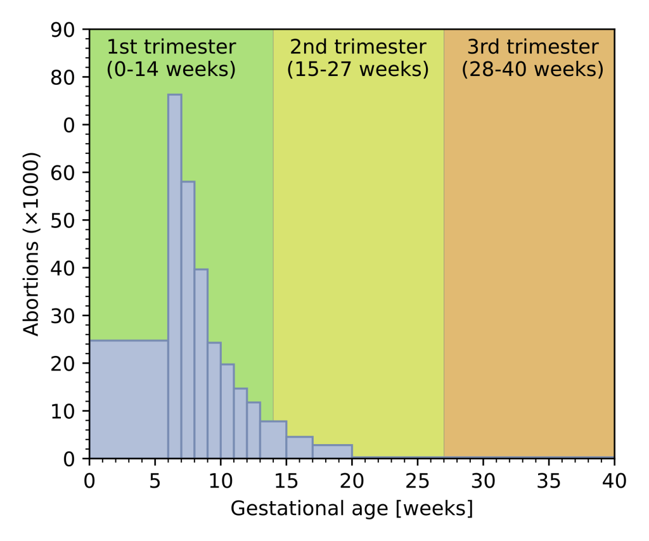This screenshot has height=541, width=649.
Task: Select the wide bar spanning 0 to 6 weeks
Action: tap(129, 399)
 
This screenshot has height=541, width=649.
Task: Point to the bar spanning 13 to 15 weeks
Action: tap(273, 440)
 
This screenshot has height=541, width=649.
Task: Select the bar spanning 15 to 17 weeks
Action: tap(299, 447)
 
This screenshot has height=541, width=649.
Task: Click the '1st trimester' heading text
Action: tap(171, 47)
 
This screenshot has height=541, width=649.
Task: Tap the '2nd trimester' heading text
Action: tap(357, 47)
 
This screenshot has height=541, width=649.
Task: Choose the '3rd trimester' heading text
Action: tap(532, 47)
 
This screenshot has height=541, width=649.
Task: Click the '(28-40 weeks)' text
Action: tap(532, 68)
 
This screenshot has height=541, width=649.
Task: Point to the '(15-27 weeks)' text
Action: tap(357, 68)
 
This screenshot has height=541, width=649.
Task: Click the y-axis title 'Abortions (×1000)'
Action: tap(32, 244)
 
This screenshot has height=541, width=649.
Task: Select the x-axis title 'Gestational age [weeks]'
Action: tap(351, 509)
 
